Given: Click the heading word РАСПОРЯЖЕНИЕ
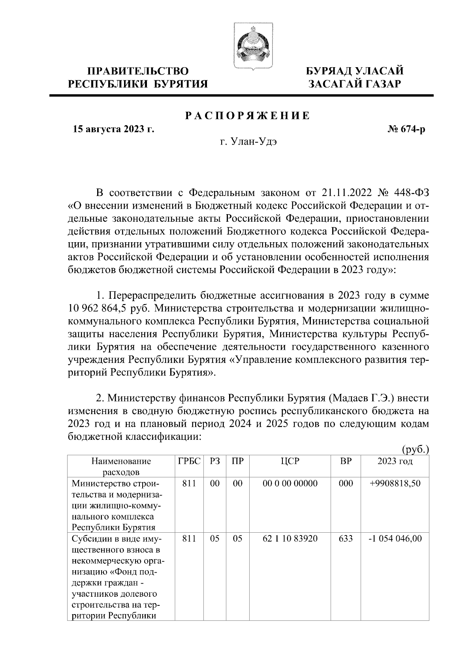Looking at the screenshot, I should [x=248, y=116].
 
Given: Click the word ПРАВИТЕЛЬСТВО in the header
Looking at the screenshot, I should [x=138, y=72].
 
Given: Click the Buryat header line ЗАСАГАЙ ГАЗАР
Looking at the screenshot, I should [x=355, y=84].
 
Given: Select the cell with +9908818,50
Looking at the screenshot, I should [x=395, y=484].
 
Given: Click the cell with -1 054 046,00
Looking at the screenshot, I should [x=395, y=539].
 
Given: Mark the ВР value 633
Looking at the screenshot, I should [x=346, y=539].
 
